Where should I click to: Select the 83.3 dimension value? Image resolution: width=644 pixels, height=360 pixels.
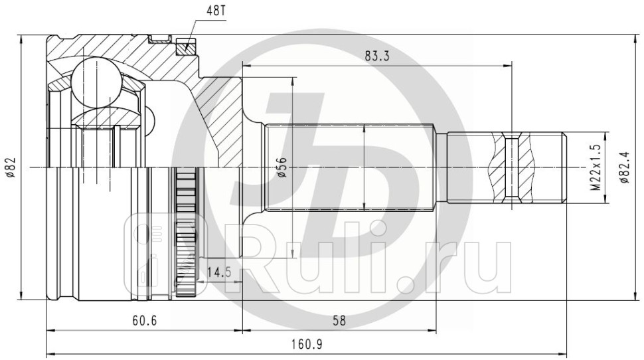376,56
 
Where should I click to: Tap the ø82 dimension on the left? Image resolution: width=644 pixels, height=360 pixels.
10,167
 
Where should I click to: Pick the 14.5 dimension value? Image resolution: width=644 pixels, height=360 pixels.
219,272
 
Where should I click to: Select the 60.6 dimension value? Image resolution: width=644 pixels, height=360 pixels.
144,321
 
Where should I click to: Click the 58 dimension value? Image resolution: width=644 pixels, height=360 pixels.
339,321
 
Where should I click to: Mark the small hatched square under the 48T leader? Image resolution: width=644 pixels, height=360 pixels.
186,47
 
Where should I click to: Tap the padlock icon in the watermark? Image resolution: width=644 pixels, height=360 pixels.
151,249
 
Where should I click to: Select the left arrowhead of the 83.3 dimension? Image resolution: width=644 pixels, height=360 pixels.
246,65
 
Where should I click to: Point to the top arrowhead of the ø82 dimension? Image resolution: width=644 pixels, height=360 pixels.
22,39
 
